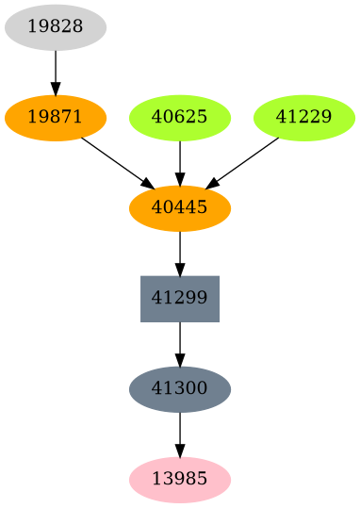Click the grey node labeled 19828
coord(56,27)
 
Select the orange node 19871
coord(56,118)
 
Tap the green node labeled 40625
coord(180,118)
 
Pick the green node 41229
coord(304,118)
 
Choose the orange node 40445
coord(180,208)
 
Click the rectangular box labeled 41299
coord(180,299)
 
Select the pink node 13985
coord(180,479)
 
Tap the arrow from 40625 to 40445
coord(180,159)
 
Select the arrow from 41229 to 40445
coord(245,161)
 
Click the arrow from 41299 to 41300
coord(180,340)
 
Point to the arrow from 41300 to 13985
coord(180,431)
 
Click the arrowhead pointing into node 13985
coord(180,450)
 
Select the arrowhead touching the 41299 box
coord(180,269)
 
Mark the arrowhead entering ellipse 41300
coord(180,359)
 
